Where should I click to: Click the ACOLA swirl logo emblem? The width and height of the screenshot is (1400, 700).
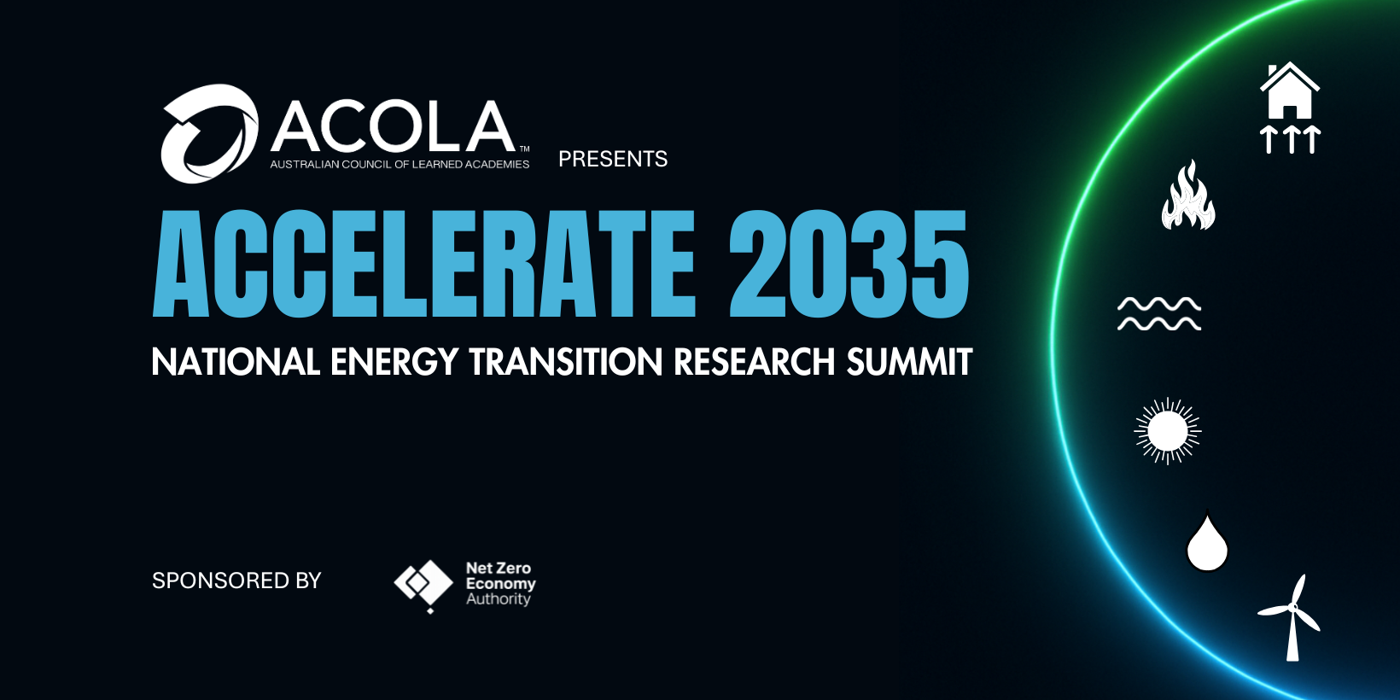pyautogui.click(x=210, y=134)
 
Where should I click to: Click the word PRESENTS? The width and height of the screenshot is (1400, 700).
pyautogui.click(x=613, y=159)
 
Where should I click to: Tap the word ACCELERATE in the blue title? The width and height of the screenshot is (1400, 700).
pyautogui.click(x=424, y=263)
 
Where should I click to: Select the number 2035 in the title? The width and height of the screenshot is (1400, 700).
pyautogui.click(x=849, y=263)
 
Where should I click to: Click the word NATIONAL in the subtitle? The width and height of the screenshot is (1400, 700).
pyautogui.click(x=236, y=362)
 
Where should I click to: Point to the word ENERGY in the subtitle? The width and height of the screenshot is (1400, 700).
pyautogui.click(x=394, y=362)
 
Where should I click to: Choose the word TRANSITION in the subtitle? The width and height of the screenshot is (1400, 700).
pyautogui.click(x=566, y=362)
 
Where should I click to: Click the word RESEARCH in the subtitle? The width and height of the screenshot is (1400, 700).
pyautogui.click(x=755, y=362)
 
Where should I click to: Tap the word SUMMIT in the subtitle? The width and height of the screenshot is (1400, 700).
pyautogui.click(x=909, y=362)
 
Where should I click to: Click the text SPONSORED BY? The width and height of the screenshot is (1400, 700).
pyautogui.click(x=236, y=580)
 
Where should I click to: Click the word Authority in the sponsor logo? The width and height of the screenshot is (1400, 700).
pyautogui.click(x=499, y=599)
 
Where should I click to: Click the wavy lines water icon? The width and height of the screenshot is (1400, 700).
pyautogui.click(x=1158, y=314)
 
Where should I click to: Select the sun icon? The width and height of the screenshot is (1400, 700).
pyautogui.click(x=1168, y=431)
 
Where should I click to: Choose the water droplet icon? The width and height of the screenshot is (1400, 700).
pyautogui.click(x=1207, y=543)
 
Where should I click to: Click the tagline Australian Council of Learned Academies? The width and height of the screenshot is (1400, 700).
pyautogui.click(x=400, y=165)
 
